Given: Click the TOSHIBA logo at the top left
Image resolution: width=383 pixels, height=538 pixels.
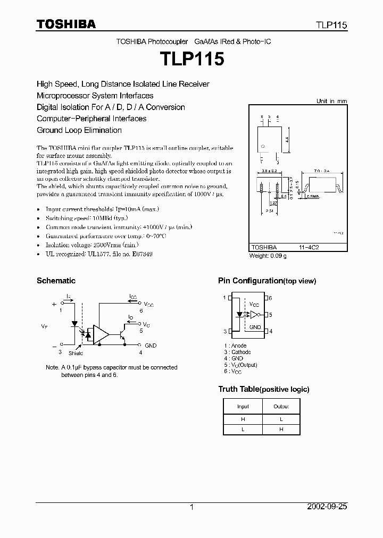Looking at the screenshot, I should (66, 24).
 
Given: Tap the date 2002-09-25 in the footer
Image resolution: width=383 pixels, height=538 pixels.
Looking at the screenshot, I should (326, 507).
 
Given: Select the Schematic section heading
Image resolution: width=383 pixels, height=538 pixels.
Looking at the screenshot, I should (56, 281).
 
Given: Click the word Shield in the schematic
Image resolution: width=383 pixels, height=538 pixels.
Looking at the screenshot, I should (76, 353).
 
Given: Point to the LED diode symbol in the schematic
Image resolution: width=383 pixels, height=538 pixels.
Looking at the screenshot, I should (74, 323).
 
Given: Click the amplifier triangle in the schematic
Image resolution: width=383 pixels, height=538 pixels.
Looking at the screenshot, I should (101, 334).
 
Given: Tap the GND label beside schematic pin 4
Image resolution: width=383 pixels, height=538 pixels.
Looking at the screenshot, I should (151, 346).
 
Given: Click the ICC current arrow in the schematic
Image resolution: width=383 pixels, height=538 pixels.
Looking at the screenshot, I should (133, 299).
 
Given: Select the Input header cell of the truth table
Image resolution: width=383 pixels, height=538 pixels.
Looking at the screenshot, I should (243, 407).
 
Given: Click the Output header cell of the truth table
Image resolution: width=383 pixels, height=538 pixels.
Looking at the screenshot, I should (281, 407).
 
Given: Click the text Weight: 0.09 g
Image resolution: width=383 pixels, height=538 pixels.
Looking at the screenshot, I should (268, 256).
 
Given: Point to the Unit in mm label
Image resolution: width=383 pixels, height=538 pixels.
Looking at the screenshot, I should (331, 101).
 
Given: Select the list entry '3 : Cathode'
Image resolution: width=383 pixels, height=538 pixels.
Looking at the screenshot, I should (237, 352).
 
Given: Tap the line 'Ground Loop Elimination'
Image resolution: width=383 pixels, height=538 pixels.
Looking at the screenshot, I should (79, 130).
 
